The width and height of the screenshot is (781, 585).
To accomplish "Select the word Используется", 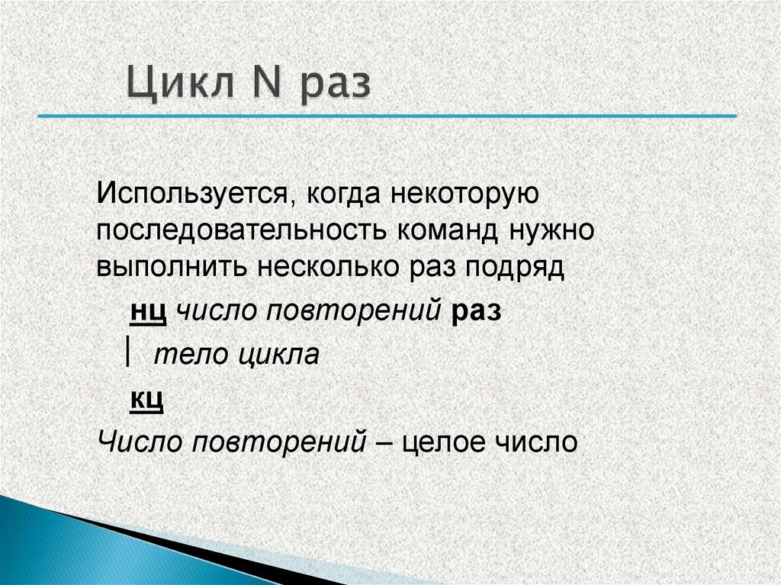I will pos(191,193).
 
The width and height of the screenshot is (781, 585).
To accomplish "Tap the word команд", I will pos(445,230).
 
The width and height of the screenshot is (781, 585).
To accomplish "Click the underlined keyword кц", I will pos(147,398).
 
